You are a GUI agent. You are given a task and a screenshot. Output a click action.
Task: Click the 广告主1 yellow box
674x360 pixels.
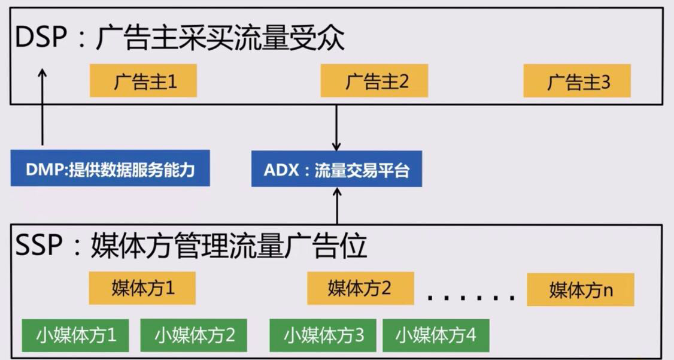143,81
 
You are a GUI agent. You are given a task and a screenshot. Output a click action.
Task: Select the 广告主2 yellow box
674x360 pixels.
375,81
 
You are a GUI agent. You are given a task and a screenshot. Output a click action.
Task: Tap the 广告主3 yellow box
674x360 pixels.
577,81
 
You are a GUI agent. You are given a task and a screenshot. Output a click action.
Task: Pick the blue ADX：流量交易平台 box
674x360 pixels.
337,170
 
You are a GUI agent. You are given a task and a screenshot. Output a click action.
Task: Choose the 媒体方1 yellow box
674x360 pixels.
142,288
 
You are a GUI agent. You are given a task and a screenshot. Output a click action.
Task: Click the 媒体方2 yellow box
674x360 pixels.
360,288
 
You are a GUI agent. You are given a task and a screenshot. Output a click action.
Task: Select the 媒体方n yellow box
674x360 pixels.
580,290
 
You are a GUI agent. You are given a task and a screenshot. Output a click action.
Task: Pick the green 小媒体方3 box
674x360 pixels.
323,334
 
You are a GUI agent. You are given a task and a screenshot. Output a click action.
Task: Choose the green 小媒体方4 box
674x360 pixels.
435,334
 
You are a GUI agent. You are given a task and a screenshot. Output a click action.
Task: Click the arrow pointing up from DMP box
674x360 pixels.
42,108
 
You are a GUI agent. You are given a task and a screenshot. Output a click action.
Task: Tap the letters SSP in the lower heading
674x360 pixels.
39,246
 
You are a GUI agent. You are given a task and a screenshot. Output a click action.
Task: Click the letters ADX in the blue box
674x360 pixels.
277,170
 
